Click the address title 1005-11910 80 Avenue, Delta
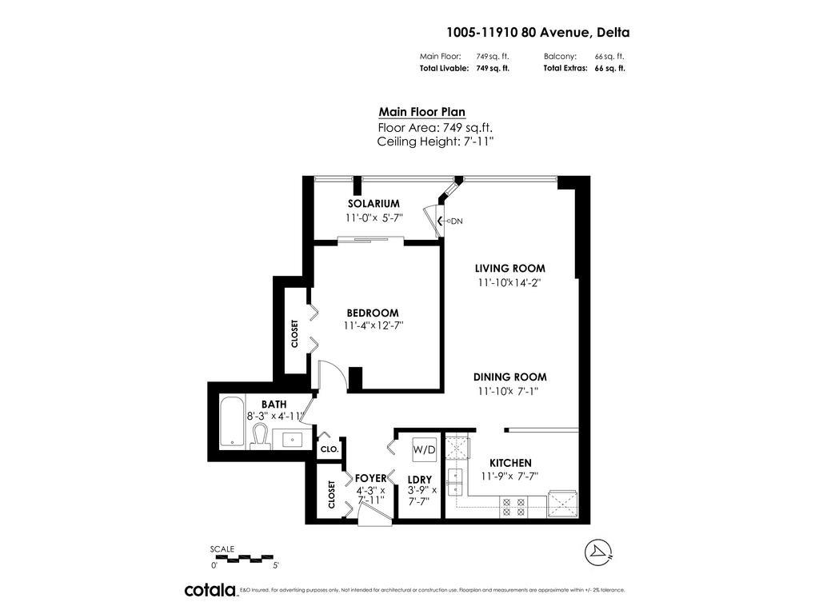coord(537,33)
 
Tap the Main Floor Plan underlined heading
coord(421,113)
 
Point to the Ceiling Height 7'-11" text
coord(435,142)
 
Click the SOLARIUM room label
coord(373,204)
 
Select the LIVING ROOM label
coord(510,269)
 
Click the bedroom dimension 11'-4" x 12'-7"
coord(373,326)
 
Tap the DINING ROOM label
coord(510,377)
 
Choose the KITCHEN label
coord(510,463)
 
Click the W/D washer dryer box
coord(424,450)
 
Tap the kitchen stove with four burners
coord(512,506)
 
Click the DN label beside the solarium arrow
coord(457,221)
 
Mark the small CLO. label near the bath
coord(330,449)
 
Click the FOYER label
coord(370,478)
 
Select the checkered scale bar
coord(243,557)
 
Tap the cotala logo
coord(210,590)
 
